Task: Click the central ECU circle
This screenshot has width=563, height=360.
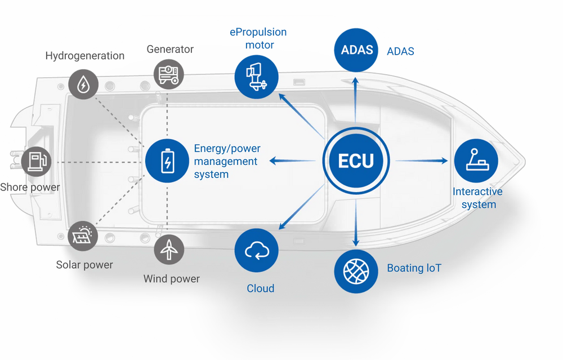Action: point(356,161)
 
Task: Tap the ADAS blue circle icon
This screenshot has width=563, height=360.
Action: point(357,50)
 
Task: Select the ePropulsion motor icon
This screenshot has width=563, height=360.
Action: point(257,77)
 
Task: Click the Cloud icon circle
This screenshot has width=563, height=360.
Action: point(257,251)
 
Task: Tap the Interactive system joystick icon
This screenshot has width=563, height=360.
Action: point(476,161)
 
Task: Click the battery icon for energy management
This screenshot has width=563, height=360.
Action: point(167,161)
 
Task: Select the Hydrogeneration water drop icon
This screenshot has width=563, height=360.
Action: point(83,85)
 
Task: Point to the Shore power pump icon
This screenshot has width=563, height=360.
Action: point(36,161)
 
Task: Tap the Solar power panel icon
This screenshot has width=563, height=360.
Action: point(83,236)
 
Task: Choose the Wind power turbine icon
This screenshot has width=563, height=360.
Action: point(168,248)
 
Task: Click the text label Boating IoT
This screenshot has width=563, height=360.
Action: point(414,268)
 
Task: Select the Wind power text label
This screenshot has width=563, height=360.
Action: point(171,279)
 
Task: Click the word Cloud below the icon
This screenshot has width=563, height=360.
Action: point(261,288)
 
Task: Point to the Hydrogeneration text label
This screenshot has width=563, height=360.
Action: point(85,56)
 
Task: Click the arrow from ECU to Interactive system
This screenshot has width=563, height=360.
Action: point(422,161)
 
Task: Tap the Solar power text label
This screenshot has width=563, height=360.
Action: point(84,265)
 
